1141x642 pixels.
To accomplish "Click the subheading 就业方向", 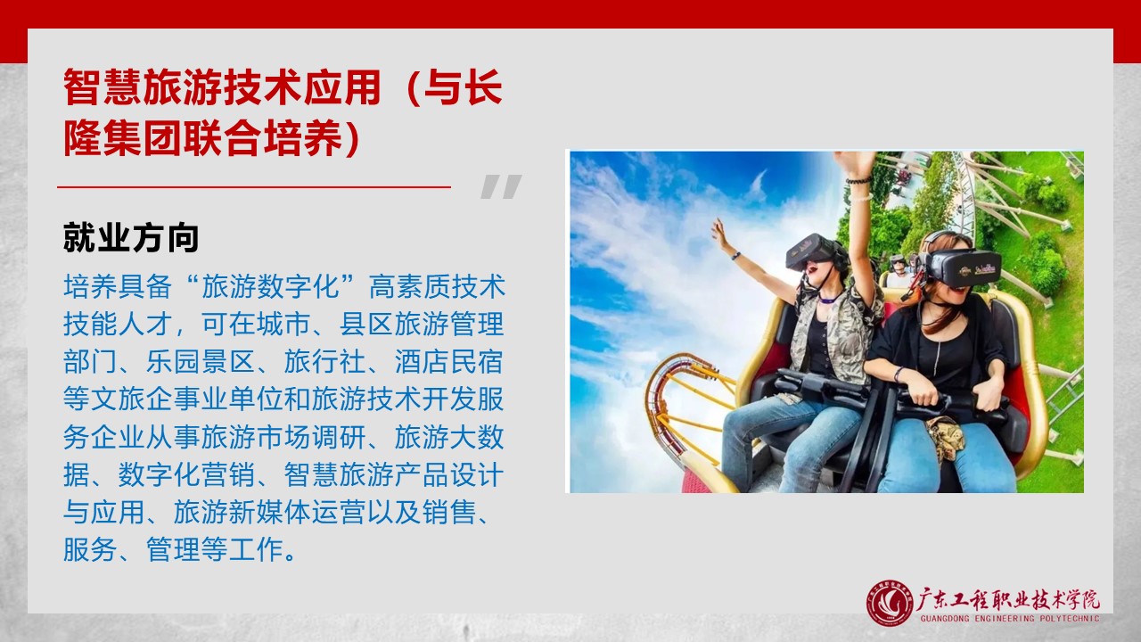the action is click(x=131, y=237).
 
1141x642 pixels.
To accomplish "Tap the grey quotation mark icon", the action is click(x=501, y=186).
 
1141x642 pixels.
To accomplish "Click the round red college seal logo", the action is click(x=890, y=604).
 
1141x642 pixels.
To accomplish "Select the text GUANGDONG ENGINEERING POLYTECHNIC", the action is click(x=1010, y=619).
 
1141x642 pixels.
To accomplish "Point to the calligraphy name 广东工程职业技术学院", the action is click(x=1008, y=600).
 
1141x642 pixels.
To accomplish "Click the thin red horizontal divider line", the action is click(x=254, y=187).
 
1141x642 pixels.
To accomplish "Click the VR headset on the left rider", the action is click(x=813, y=251).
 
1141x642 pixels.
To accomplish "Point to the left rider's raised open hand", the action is click(x=721, y=234).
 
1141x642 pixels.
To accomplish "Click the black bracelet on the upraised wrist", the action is click(x=858, y=180).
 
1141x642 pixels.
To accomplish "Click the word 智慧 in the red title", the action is click(x=103, y=87).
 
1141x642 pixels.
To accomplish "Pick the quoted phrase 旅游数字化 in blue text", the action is click(x=270, y=286).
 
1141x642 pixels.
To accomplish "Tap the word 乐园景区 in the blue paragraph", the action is click(x=201, y=362).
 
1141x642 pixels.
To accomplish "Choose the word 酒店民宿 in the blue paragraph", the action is click(x=449, y=362).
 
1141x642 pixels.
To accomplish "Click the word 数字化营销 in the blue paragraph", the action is click(x=187, y=475).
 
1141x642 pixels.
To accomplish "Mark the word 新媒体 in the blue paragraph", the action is click(x=256, y=512).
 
